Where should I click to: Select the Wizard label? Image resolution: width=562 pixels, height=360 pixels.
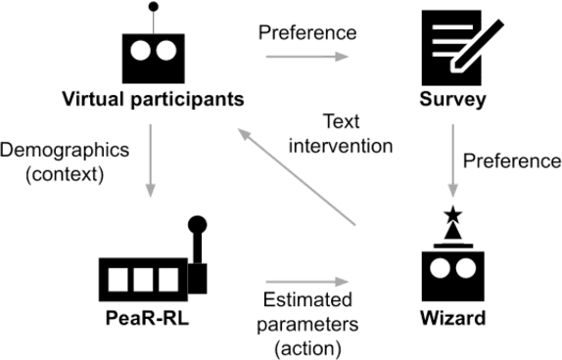[453, 319]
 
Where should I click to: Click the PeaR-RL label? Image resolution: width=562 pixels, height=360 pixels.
[150, 319]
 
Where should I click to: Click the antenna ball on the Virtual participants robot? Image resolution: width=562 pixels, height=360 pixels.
[152, 8]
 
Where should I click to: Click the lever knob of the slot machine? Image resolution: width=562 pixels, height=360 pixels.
[196, 224]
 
